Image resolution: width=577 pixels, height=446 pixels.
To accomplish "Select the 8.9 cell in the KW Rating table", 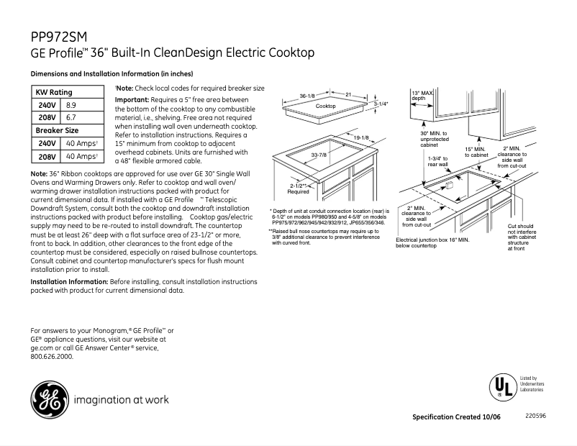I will (71, 105).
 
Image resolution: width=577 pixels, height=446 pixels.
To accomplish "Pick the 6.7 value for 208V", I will (71, 117).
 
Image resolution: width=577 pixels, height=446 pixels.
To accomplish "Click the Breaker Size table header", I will (58, 130).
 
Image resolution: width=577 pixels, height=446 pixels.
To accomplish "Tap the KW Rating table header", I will (55, 93).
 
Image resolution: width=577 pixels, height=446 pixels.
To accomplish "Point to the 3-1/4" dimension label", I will (381, 104).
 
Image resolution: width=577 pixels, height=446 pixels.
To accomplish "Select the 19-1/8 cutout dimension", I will (361, 137).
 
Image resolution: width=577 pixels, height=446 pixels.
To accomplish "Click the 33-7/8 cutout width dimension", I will (320, 155).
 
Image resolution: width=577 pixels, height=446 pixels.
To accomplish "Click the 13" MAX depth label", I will (423, 96).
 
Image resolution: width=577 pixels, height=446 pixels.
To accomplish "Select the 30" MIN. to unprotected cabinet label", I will (434, 139).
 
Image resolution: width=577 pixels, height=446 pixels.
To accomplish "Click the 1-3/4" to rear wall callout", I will (437, 161).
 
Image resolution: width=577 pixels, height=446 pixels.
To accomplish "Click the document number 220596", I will (535, 416).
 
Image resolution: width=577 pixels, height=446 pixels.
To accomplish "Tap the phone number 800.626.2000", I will (52, 356).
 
